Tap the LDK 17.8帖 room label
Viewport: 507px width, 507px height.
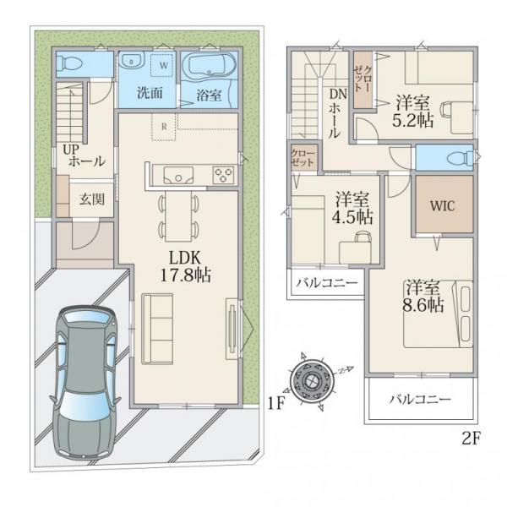[x=186, y=266]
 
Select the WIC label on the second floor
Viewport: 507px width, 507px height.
[x=442, y=205]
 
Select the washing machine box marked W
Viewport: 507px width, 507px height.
[x=164, y=65]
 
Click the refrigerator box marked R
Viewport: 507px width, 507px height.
[x=164, y=127]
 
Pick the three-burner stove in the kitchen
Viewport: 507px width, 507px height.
[x=223, y=175]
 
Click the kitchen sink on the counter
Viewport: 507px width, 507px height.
[x=178, y=175]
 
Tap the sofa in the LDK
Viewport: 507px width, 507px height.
[x=157, y=329]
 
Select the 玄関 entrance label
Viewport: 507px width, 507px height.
[x=92, y=199]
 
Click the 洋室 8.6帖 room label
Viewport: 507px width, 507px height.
[x=423, y=297]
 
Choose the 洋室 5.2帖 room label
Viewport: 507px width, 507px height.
[x=413, y=112]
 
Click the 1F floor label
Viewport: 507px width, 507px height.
[x=275, y=403]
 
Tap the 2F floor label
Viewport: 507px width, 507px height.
[x=472, y=439]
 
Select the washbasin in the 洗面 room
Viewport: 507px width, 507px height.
[x=131, y=61]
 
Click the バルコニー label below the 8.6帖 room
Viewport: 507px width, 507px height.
[x=420, y=400]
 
